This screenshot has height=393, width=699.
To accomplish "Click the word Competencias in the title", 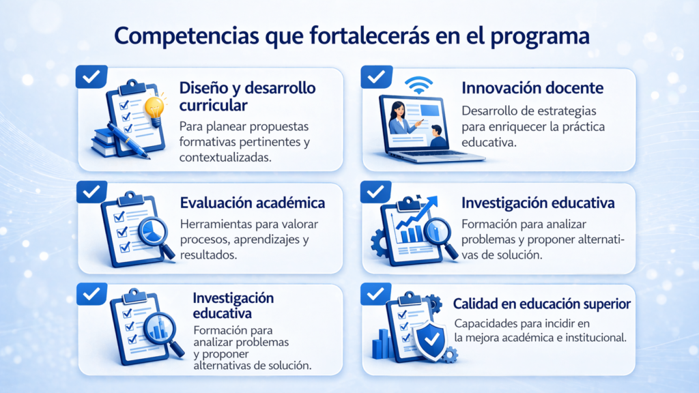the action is [x=186, y=35].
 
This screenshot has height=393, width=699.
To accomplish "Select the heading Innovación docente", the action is [x=532, y=88].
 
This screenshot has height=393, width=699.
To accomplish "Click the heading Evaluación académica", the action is [x=253, y=203].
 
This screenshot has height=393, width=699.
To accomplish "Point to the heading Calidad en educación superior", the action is [x=541, y=304].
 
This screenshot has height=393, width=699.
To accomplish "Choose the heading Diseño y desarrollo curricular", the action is [x=247, y=96].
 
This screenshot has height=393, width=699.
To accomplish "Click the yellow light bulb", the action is [x=155, y=110].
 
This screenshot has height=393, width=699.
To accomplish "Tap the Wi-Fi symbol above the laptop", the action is [x=418, y=85].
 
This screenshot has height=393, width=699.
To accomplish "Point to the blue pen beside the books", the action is [x=128, y=141].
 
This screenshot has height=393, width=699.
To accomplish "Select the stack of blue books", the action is [x=104, y=143].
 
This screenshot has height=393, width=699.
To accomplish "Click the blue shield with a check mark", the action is [x=430, y=340].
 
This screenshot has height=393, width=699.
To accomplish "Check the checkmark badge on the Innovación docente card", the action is [x=377, y=76].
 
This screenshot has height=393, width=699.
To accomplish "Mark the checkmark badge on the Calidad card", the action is [x=376, y=293].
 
